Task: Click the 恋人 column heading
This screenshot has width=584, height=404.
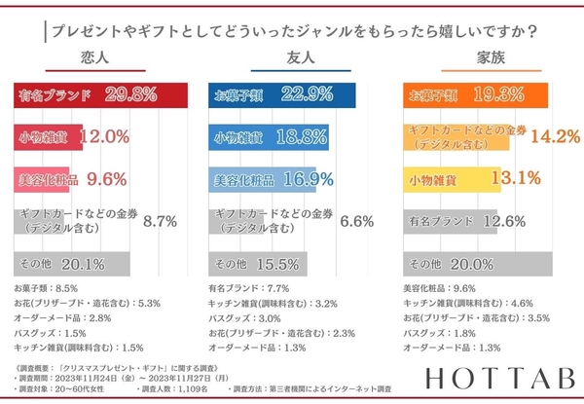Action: click(x=95, y=58)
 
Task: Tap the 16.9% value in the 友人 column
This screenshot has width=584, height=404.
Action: click(x=308, y=180)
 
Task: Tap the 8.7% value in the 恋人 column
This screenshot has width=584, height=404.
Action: click(x=160, y=221)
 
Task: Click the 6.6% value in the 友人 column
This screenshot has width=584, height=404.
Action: click(x=356, y=221)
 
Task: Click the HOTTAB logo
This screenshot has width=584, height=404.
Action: click(x=505, y=377)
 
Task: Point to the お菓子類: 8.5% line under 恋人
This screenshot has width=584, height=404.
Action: click(x=48, y=289)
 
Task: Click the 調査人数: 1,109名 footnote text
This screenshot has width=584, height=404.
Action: click(x=177, y=387)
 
